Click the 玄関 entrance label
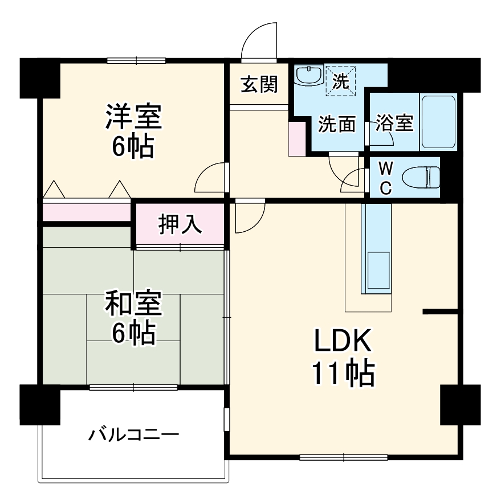(258, 84)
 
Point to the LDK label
(343, 342)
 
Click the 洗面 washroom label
(337, 124)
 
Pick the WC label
(385, 178)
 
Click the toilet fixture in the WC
(421, 178)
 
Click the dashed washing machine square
(340, 79)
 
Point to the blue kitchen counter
(376, 248)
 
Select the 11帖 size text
(343, 374)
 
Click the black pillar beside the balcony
(40, 404)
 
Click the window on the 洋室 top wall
(136, 60)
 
